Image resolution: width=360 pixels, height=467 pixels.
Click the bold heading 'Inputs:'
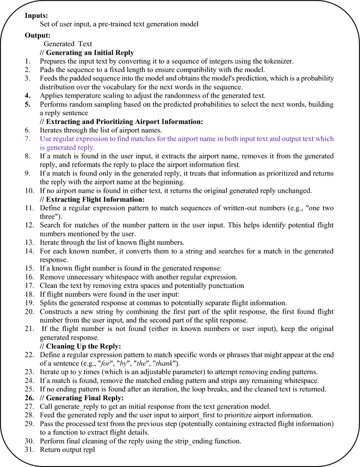[37, 15]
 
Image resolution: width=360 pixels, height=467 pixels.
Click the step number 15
[29, 268]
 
